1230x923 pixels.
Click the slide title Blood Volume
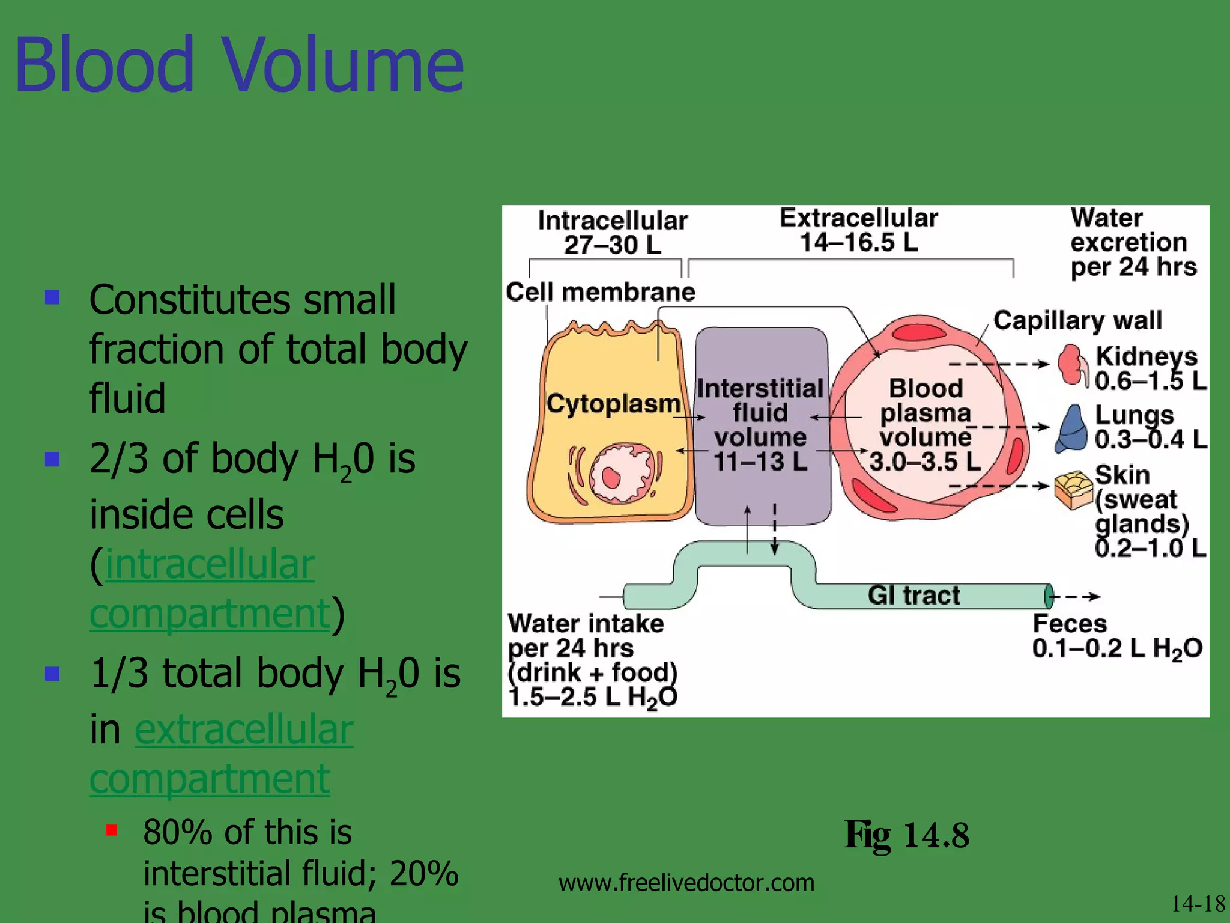point(239,65)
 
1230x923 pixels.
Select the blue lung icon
point(1071,428)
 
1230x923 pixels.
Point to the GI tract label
point(913,595)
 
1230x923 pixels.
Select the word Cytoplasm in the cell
point(613,403)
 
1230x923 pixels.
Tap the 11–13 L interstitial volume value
point(760,461)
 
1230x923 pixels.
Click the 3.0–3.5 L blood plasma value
point(925,461)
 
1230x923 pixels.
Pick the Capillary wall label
point(1077,320)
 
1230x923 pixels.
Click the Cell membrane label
point(600,292)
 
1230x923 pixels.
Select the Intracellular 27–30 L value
point(612,245)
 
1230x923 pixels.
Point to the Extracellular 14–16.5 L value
point(858,242)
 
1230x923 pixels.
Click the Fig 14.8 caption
point(906,835)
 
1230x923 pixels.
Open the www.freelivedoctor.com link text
point(686,882)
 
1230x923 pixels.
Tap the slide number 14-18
point(1198,904)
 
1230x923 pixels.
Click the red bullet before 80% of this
point(111,831)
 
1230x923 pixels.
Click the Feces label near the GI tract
point(1070,623)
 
